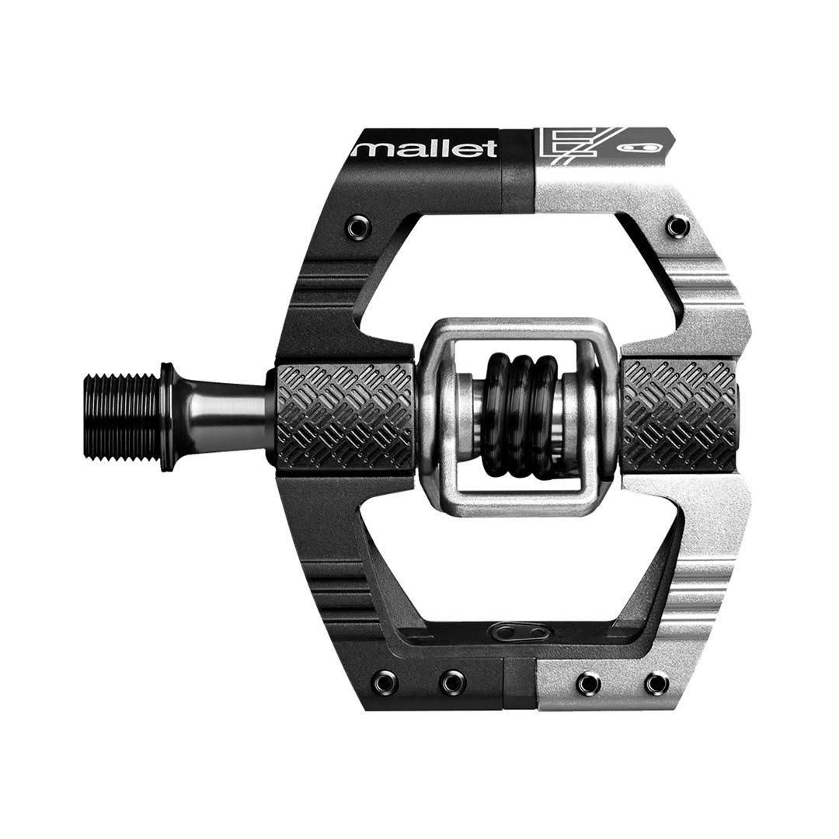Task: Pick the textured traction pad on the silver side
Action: [x=679, y=415]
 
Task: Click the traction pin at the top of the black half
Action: [x=358, y=227]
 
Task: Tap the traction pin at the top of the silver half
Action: [x=677, y=226]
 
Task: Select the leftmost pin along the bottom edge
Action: [x=384, y=683]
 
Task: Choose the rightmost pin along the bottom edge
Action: [x=656, y=683]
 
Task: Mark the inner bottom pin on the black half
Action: [x=453, y=683]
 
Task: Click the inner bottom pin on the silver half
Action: [x=588, y=683]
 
